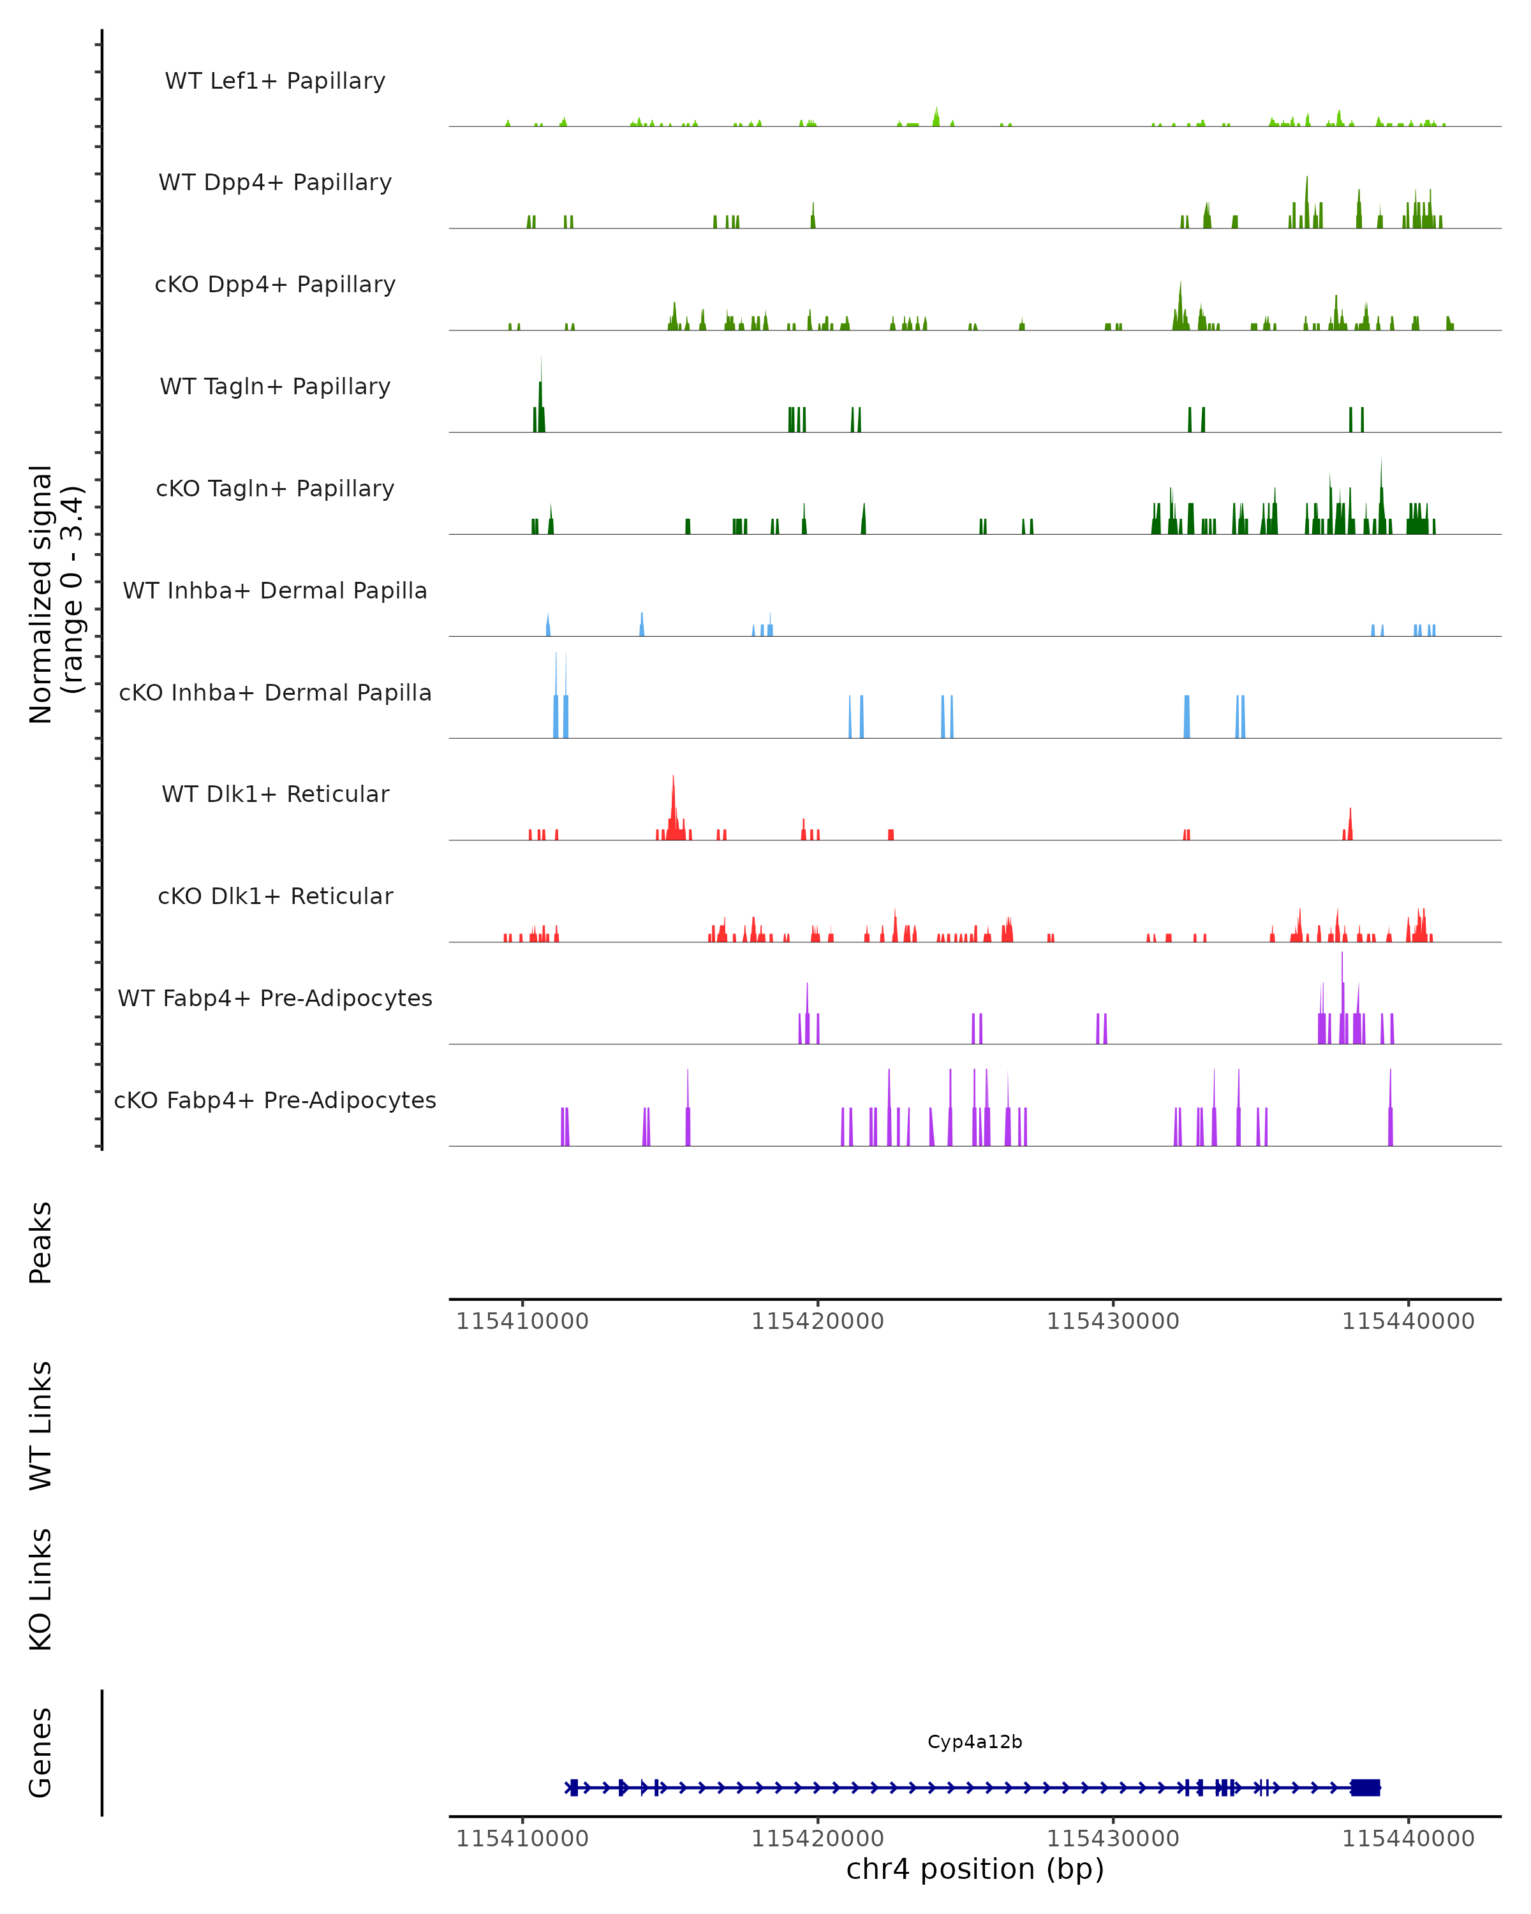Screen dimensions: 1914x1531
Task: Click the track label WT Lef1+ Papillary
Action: pyautogui.click(x=275, y=81)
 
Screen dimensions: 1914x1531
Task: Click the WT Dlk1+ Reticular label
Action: pyautogui.click(x=275, y=794)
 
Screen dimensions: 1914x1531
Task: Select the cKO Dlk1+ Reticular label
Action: pyautogui.click(x=275, y=896)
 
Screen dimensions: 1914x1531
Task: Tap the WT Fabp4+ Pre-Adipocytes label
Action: pyautogui.click(x=275, y=998)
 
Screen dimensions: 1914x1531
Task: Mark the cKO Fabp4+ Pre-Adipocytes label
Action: pyautogui.click(x=275, y=1100)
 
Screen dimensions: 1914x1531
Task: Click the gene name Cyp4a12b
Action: pyautogui.click(x=975, y=1742)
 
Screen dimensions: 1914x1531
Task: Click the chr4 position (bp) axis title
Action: pyautogui.click(x=975, y=1869)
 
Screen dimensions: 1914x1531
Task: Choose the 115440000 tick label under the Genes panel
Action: pyautogui.click(x=1408, y=1839)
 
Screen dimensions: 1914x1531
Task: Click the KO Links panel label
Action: pyautogui.click(x=41, y=1589)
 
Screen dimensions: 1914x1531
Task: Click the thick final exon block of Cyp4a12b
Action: pyautogui.click(x=1365, y=1787)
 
